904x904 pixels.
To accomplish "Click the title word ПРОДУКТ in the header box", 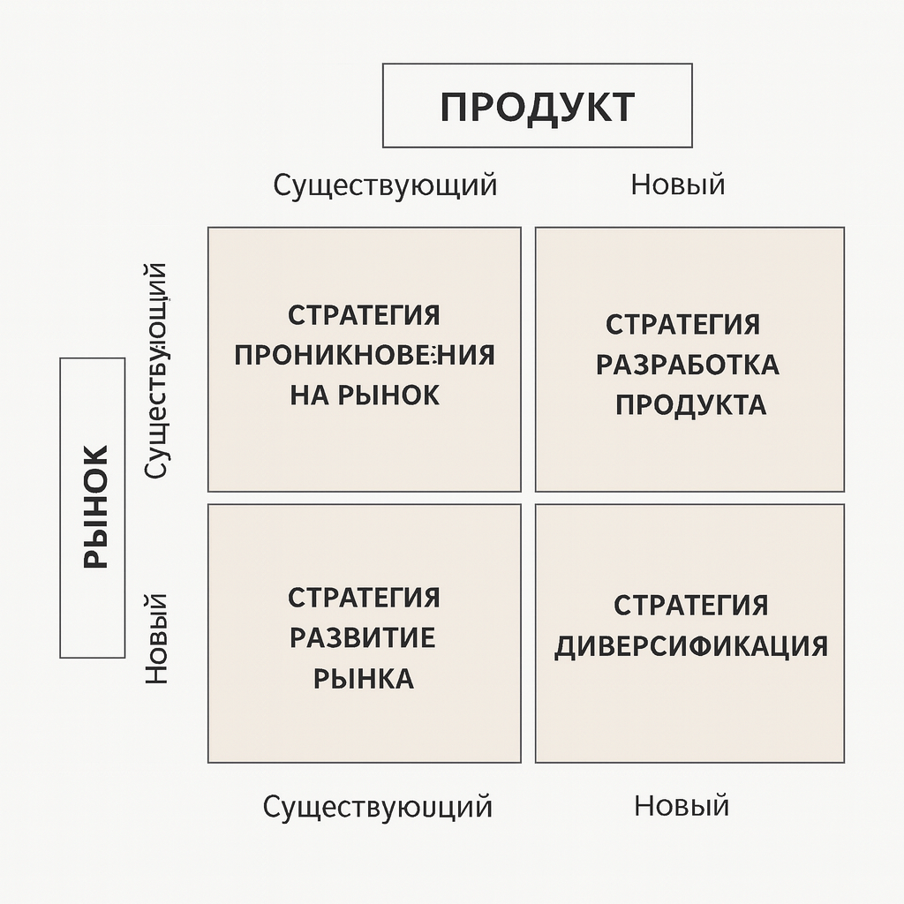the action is point(537,107).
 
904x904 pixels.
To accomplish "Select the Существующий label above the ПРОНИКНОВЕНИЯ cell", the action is point(385,185).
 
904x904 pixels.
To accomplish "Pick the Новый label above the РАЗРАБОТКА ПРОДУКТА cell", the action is point(678,185).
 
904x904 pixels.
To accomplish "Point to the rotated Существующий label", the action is point(156,371).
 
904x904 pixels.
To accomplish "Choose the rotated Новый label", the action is point(156,639).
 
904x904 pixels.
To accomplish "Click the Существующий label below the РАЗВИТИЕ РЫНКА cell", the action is point(378,806).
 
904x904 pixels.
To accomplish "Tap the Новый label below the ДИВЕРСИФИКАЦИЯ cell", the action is point(682,805).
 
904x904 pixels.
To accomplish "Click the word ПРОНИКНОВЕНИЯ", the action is point(365,355).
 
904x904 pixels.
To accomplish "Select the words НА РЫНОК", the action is point(365,395).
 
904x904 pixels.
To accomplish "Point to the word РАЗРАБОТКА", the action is point(688,365).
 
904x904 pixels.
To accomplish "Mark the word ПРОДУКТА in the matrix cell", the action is point(690,404).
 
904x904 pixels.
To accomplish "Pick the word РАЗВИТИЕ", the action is point(362,637).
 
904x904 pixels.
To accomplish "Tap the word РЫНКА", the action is point(364,678).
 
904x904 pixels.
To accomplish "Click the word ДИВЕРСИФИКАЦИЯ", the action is point(691,646).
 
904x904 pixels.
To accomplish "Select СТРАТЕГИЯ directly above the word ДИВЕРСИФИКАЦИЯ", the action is point(690,606).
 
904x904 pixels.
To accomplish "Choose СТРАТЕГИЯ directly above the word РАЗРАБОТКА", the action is point(682,324).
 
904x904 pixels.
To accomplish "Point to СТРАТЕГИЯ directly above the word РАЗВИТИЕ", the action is point(364,597).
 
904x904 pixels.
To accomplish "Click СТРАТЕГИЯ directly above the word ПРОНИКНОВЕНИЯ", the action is point(364,315).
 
